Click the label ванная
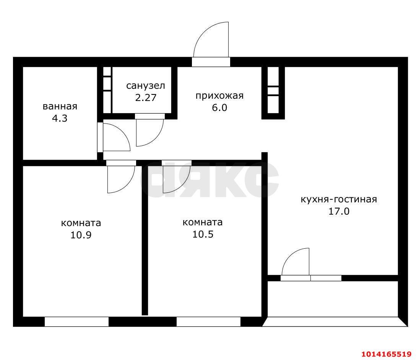60,106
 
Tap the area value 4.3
60,118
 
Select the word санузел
146,85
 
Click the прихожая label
219,96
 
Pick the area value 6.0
219,108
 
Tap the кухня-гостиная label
339,199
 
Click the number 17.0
339,211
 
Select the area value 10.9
81,235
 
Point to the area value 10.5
203,234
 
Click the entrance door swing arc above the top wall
210,40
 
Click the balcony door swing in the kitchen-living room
296,262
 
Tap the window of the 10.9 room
76,322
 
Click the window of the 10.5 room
208,322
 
